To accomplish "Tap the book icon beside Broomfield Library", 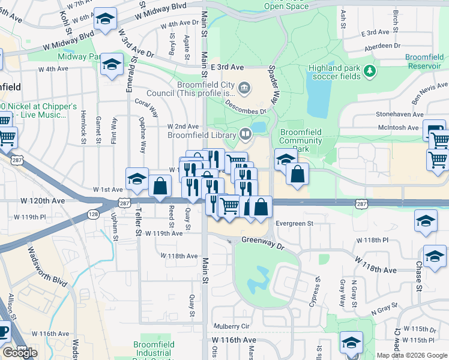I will (x=245, y=135).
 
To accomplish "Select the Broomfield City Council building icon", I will (x=244, y=89).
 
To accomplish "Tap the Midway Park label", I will (x=79, y=56).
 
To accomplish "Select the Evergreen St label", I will (x=294, y=223).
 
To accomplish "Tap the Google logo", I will (x=20, y=353).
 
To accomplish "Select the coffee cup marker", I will (x=3, y=331).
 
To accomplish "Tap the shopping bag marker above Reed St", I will (x=160, y=186).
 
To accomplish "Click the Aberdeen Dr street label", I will (x=381, y=46).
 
